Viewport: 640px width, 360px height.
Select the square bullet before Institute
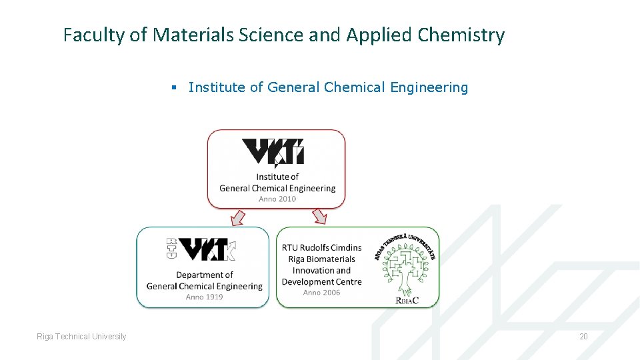[x=173, y=88]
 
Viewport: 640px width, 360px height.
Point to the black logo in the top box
[x=273, y=152]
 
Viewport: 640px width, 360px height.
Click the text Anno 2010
[x=277, y=199]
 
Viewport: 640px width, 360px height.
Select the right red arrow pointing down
[x=319, y=217]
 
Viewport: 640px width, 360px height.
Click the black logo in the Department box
[x=201, y=249]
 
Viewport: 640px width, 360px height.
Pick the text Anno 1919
[x=204, y=297]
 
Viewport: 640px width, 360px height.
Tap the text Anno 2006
[x=321, y=292]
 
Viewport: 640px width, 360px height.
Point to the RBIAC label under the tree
[x=407, y=301]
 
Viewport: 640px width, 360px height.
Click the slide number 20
[x=583, y=337]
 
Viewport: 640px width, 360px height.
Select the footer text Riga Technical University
[x=81, y=337]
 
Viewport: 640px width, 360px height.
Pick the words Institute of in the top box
[x=277, y=177]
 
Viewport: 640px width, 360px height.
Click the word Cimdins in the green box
[x=345, y=248]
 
